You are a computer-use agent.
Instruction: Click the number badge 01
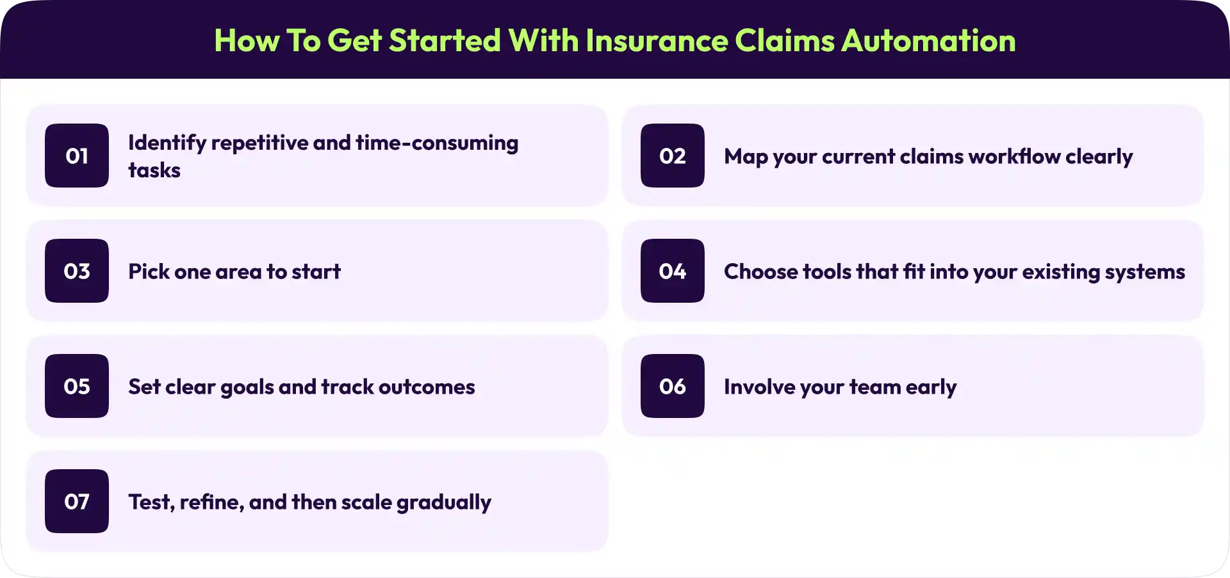tap(77, 156)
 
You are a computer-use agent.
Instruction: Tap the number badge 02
tap(673, 156)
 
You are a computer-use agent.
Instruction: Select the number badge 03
tap(77, 271)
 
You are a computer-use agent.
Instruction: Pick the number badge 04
tap(673, 271)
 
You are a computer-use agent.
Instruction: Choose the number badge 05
tap(77, 386)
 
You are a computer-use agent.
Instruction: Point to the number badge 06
tap(673, 386)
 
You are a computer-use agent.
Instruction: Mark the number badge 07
tap(77, 501)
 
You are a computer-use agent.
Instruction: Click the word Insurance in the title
tap(657, 41)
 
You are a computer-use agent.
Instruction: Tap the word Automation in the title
tap(928, 41)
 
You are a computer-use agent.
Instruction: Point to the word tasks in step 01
tap(154, 171)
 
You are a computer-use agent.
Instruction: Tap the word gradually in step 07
tap(444, 503)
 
